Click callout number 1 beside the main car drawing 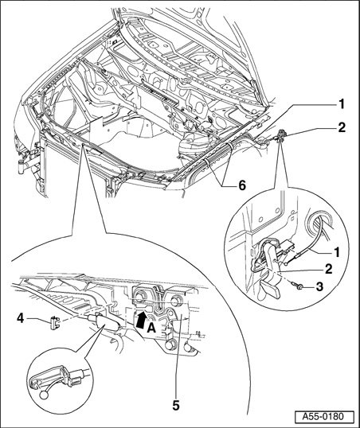point(342,104)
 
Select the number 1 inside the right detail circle point(337,252)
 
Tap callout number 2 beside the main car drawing point(342,127)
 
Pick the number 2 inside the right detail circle point(329,269)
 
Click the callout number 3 point(319,286)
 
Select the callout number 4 point(21,318)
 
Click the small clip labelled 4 point(55,323)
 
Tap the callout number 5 point(176,406)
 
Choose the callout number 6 point(242,185)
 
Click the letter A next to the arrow point(151,329)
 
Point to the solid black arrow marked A point(141,319)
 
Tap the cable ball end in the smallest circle point(44,395)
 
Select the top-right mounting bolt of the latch point(175,301)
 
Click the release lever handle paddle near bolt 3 point(269,290)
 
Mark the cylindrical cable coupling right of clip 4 point(104,322)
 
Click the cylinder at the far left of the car point(21,166)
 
